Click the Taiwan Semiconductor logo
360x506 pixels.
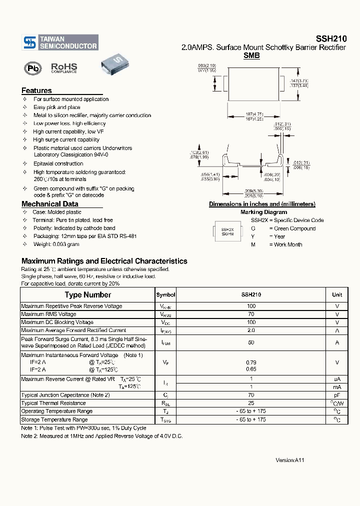click(60, 42)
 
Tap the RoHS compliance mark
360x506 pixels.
click(64, 68)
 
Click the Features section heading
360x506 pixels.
click(36, 90)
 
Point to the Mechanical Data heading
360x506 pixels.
click(49, 204)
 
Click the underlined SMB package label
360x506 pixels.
click(251, 56)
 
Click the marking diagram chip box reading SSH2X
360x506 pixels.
click(227, 231)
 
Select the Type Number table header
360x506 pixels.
click(88, 295)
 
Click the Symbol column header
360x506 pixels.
click(165, 295)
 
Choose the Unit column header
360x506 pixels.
click(337, 295)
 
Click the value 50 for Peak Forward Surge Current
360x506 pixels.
click(251, 342)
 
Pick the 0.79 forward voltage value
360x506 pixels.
click(251, 362)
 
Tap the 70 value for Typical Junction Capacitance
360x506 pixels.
click(251, 395)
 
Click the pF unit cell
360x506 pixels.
click(337, 395)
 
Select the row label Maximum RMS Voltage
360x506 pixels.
click(49, 314)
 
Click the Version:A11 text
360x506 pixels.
click(290, 459)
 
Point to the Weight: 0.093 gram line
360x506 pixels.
click(56, 244)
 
